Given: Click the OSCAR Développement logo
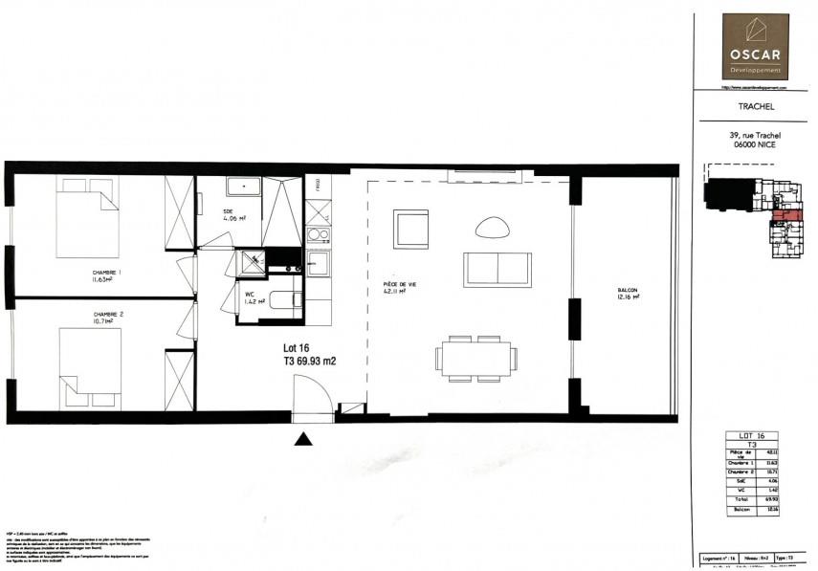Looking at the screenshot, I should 755,45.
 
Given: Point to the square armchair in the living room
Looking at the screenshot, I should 410,230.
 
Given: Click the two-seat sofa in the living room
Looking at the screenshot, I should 497,270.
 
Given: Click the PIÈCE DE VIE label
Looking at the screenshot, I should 398,285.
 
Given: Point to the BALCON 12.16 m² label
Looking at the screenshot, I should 627,295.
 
